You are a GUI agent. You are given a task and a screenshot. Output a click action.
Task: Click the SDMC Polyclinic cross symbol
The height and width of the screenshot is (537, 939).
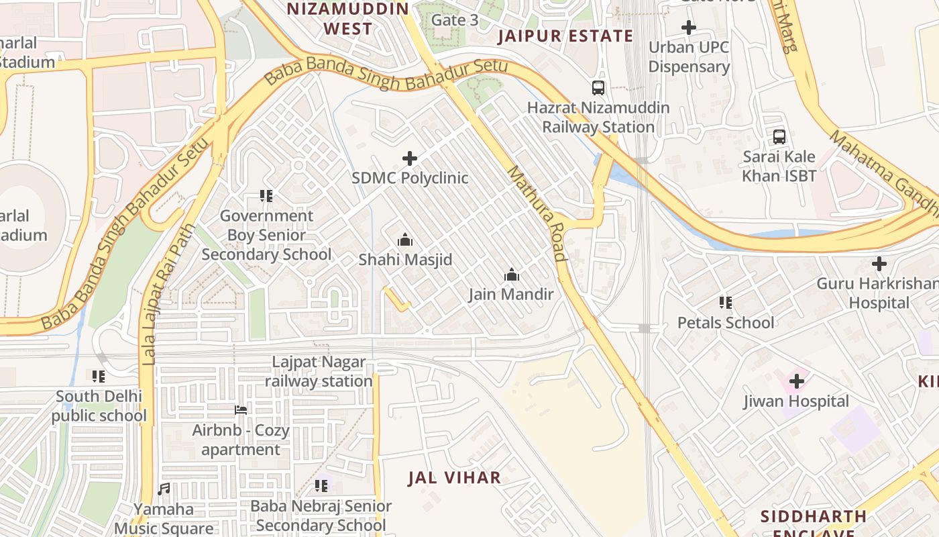410,158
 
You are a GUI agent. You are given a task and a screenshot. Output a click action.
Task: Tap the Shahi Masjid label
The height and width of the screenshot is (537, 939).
405,260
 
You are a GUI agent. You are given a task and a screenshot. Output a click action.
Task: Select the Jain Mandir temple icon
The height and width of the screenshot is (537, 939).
512,275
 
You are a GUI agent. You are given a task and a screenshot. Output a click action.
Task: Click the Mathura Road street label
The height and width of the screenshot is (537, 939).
537,213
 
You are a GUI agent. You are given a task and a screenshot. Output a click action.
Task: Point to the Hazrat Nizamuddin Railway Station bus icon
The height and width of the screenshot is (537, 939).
598,88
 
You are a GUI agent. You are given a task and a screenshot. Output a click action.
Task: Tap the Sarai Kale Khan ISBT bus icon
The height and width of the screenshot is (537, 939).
779,137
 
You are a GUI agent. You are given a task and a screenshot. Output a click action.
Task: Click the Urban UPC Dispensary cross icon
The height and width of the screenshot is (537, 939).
688,28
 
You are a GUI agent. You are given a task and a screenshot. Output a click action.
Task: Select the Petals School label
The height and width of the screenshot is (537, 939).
726,323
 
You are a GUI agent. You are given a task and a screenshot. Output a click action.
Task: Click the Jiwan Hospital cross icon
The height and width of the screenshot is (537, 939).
796,382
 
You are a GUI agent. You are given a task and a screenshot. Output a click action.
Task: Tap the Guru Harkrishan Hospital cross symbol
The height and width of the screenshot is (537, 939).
879,264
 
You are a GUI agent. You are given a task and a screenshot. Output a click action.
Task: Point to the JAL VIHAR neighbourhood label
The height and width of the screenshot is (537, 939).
455,478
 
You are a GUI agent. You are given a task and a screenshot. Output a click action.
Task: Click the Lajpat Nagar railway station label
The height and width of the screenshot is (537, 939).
319,372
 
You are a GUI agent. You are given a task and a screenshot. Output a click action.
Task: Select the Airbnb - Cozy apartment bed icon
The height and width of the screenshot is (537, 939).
241,410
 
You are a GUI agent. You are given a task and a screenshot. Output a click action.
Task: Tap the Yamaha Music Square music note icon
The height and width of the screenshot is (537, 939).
164,489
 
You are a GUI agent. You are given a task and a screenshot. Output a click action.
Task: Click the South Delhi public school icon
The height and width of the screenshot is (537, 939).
99,377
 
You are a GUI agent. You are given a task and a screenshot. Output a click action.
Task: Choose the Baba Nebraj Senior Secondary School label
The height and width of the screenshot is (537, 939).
321,516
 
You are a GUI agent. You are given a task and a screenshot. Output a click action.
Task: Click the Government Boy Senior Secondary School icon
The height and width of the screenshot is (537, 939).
266,196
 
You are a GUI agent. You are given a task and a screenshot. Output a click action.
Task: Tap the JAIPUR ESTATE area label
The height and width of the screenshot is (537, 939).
565,36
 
